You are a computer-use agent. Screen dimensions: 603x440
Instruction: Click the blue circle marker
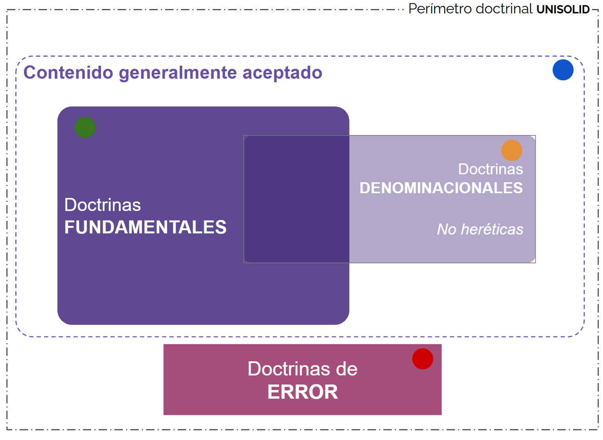(x=563, y=70)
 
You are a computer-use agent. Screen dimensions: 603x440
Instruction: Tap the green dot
(x=85, y=128)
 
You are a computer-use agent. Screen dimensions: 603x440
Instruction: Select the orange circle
(x=512, y=150)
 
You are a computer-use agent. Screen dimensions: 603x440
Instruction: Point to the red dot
(x=423, y=359)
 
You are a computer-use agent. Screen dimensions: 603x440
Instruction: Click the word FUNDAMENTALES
(x=146, y=227)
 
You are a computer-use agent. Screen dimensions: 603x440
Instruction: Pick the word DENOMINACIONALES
(x=441, y=188)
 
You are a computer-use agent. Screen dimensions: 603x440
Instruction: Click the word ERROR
(x=302, y=392)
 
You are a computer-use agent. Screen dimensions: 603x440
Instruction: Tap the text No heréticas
(x=480, y=229)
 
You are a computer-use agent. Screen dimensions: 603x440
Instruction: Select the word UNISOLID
(x=563, y=9)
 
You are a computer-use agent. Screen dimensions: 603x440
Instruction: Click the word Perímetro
(x=440, y=9)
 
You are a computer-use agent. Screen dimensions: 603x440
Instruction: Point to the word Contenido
(x=68, y=73)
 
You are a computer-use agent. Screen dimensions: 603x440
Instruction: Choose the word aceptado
(x=282, y=73)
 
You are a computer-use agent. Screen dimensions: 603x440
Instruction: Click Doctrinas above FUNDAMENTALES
(x=103, y=205)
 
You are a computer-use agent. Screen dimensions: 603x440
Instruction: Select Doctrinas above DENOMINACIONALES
(x=491, y=169)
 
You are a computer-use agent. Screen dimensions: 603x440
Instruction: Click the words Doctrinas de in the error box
(x=302, y=369)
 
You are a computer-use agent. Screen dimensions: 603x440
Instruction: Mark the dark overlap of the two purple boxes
(x=297, y=199)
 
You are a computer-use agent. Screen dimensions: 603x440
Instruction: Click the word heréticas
(x=492, y=229)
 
